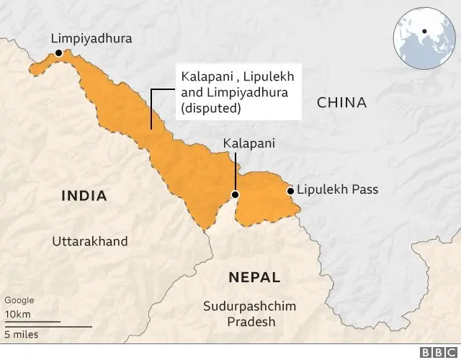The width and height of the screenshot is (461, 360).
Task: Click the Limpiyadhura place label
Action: [x=91, y=38]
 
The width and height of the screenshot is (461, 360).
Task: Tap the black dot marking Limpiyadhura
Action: [x=58, y=54]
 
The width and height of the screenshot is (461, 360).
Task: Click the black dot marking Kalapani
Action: [x=235, y=195]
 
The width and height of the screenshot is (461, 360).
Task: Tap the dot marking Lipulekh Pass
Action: [x=290, y=191]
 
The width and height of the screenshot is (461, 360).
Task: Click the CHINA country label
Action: [x=341, y=103]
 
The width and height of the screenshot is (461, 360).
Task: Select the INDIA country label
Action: [x=84, y=196]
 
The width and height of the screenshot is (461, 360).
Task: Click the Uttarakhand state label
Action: [x=89, y=241]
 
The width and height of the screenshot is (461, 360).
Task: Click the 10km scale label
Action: [x=17, y=315]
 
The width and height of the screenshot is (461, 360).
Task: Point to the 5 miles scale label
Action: [x=22, y=335]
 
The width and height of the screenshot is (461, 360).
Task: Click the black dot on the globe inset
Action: [x=426, y=32]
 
